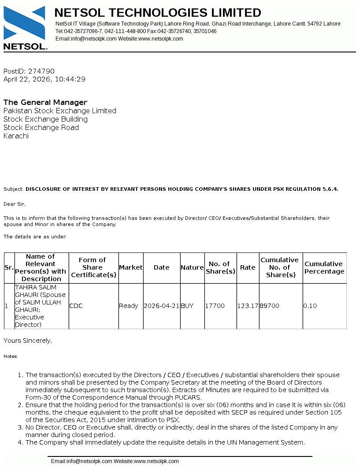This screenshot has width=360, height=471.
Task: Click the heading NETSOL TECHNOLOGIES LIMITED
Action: [x=158, y=13]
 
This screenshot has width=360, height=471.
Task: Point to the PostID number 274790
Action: [x=41, y=71]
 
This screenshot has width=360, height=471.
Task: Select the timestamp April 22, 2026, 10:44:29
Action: [x=45, y=79]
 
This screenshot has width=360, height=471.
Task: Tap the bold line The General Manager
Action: [x=45, y=102]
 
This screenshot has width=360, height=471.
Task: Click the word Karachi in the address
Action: [x=16, y=136]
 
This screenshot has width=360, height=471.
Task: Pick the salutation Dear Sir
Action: [x=15, y=204]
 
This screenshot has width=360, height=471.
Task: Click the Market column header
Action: [x=131, y=267]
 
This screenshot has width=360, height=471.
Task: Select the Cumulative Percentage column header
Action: [x=324, y=267]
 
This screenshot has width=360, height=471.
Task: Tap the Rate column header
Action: [x=248, y=267]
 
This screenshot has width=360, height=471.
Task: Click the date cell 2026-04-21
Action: [x=161, y=306]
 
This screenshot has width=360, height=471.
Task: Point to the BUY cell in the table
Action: [x=187, y=306]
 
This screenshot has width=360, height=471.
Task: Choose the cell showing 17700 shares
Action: [x=215, y=306]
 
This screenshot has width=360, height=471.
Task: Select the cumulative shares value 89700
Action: [x=270, y=306]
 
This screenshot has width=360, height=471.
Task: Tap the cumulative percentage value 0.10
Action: [x=310, y=306]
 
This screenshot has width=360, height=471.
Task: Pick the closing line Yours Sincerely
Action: [x=28, y=341]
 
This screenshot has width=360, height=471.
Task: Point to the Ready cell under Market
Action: [x=129, y=306]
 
